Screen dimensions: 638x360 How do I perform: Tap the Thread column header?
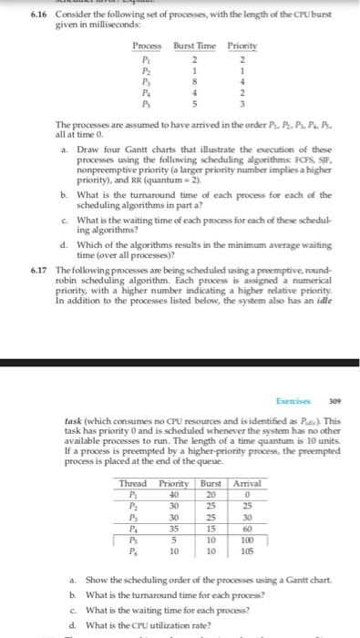coord(133,483)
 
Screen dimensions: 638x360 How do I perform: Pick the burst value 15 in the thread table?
coord(210,528)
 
